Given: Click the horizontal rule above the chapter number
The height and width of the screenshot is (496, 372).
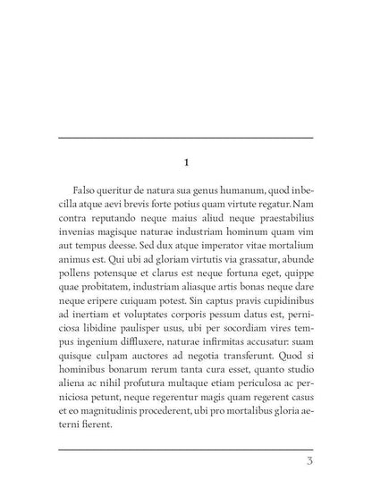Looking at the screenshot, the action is coord(186,138).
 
